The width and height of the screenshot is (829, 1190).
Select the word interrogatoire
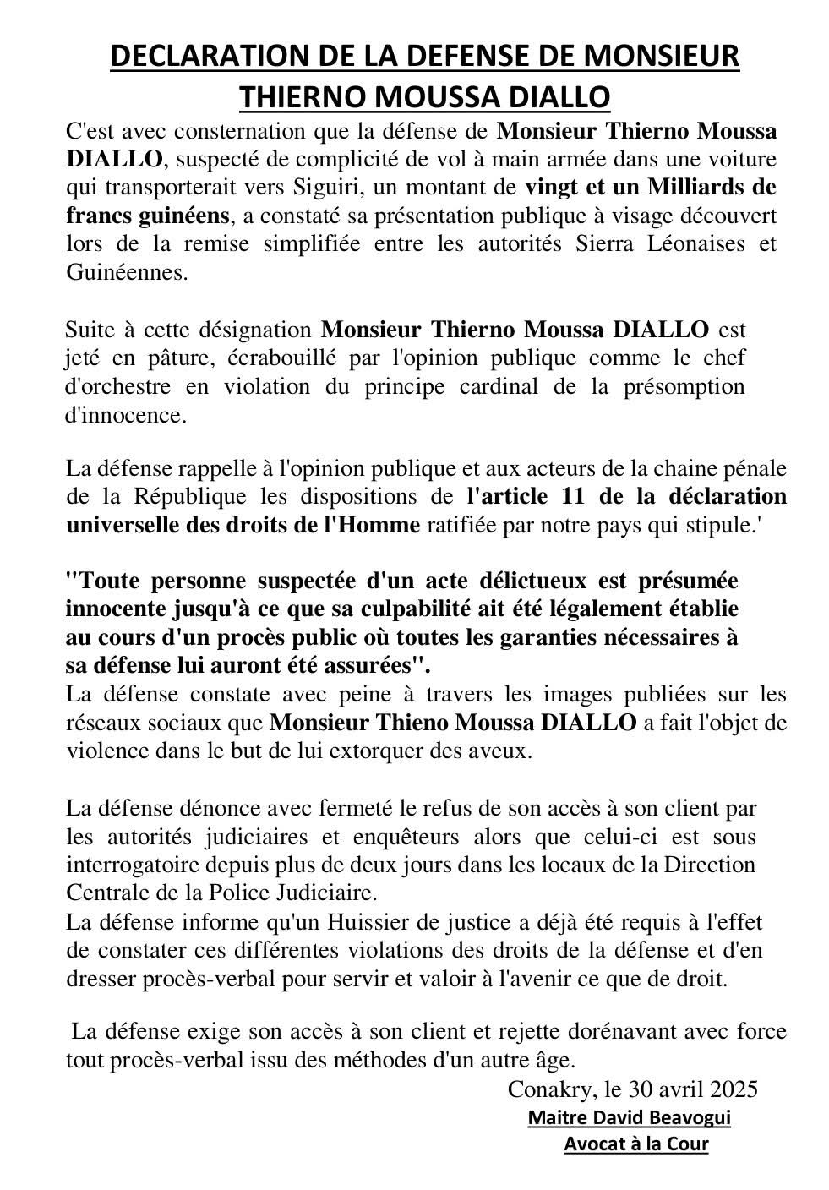point(141,865)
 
